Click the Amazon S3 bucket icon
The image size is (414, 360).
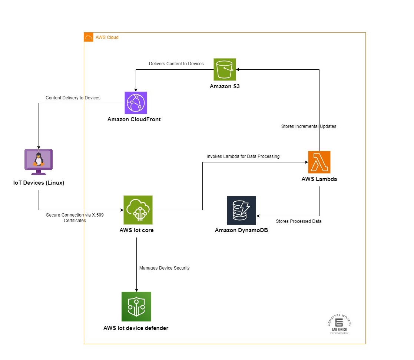point(225,69)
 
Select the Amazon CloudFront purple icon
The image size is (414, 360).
point(136,103)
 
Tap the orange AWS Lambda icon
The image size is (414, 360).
point(319,162)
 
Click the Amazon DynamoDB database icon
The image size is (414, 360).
point(241,210)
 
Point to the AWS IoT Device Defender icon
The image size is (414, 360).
point(136,306)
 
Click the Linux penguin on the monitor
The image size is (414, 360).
point(38,159)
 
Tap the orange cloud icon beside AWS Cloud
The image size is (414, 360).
point(89,37)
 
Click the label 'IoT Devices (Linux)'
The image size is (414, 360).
point(39,182)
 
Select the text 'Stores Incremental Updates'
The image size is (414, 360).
point(309,126)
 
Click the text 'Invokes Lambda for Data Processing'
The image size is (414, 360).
point(243,156)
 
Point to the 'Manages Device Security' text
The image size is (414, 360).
point(164,268)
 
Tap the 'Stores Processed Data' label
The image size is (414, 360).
point(298,221)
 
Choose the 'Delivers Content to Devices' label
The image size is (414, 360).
point(176,64)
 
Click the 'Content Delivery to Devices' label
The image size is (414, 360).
point(73,98)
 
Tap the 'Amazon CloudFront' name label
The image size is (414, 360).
point(134,119)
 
